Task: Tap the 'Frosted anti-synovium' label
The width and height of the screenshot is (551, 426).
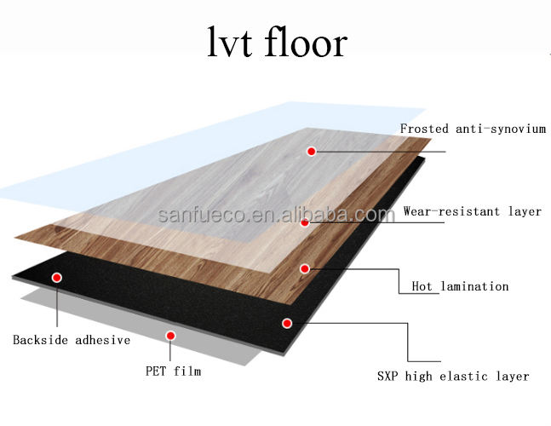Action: point(473,130)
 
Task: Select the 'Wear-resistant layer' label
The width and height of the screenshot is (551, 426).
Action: point(472,211)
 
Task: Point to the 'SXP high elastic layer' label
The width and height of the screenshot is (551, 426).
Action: point(453,376)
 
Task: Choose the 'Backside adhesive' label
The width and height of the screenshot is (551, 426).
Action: point(71,340)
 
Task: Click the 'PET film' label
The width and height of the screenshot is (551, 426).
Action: point(173,371)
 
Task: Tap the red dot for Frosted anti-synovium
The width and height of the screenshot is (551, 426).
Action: point(312,151)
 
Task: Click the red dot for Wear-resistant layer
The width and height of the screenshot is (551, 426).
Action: point(304,222)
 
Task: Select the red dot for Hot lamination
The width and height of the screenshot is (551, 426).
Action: point(304,268)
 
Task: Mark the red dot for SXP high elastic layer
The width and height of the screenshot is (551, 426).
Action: point(287,323)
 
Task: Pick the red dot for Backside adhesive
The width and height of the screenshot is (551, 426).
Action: point(57,277)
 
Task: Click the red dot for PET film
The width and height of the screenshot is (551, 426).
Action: point(171,336)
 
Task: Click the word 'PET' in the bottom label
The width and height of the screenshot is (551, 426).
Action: point(156,371)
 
